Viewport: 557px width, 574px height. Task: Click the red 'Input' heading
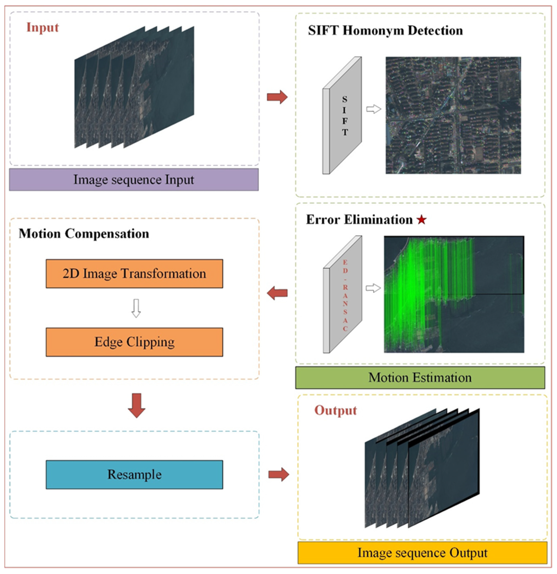click(x=43, y=27)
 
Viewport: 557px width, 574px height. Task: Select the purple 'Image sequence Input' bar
click(x=134, y=179)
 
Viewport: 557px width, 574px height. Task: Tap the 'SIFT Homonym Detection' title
click(x=385, y=30)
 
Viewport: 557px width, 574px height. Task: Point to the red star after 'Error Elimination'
click(x=422, y=220)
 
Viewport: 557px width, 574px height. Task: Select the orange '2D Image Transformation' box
click(x=134, y=273)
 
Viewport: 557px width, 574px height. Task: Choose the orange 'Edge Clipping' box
click(x=134, y=342)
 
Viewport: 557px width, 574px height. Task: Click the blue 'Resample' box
click(x=134, y=474)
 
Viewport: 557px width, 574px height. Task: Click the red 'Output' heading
click(x=336, y=410)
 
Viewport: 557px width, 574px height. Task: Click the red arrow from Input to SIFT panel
click(x=277, y=97)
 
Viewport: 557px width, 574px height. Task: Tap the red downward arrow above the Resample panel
click(x=137, y=405)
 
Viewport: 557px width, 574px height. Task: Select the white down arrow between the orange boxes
click(x=136, y=308)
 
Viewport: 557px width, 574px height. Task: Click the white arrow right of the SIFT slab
click(x=374, y=109)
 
